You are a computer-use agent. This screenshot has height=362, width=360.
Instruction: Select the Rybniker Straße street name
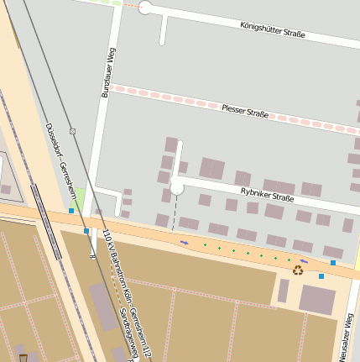pyautogui.click(x=268, y=196)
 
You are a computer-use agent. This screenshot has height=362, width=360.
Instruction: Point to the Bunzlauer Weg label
pyautogui.click(x=107, y=74)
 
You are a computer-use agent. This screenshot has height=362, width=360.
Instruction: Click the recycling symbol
pyautogui.click(x=298, y=270)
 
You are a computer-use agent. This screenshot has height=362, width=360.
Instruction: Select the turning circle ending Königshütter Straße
pyautogui.click(x=144, y=8)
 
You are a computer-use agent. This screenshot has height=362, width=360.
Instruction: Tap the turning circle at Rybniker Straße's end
pyautogui.click(x=177, y=186)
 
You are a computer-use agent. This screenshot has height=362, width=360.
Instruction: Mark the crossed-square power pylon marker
pyautogui.click(x=73, y=132)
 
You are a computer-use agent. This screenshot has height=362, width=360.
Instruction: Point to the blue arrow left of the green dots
pyautogui.click(x=185, y=242)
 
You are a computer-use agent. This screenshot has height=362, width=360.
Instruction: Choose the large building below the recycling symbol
pyautogui.click(x=317, y=300)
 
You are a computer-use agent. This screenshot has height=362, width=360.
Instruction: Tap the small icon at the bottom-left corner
pyautogui.click(x=23, y=357)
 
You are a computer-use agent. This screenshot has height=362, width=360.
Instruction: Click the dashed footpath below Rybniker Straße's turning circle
pyautogui.click(x=175, y=211)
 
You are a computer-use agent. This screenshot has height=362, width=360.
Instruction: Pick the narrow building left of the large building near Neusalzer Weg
pyautogui.click(x=284, y=291)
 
